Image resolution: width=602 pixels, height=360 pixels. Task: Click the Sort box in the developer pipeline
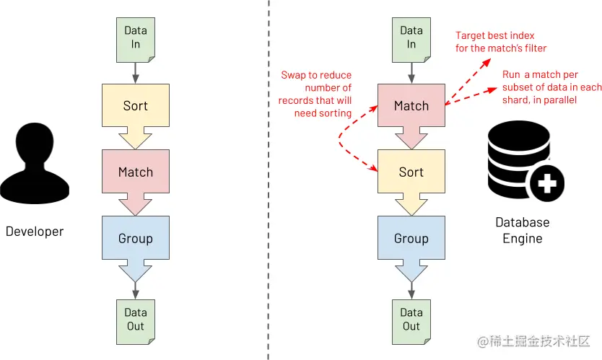136,106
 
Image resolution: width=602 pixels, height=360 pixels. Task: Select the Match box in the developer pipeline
136,172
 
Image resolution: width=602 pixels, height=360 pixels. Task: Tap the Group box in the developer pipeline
136,239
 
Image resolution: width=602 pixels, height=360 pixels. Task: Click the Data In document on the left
135,38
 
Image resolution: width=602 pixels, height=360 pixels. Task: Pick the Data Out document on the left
135,319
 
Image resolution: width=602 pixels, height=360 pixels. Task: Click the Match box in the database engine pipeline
411,106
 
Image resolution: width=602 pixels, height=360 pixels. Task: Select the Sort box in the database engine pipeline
411,172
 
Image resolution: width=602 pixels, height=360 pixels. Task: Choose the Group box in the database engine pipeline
411,239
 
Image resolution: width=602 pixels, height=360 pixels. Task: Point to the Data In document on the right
411,38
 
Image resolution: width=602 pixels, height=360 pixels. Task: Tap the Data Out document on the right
411,319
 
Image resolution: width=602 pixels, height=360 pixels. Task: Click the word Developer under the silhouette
35,232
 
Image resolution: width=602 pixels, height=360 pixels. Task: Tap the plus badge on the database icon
547,183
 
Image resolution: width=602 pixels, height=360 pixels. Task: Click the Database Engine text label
522,230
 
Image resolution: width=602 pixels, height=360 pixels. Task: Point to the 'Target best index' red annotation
501,42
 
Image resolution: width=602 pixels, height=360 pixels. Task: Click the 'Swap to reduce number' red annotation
315,94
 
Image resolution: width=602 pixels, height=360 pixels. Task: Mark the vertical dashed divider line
269,180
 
